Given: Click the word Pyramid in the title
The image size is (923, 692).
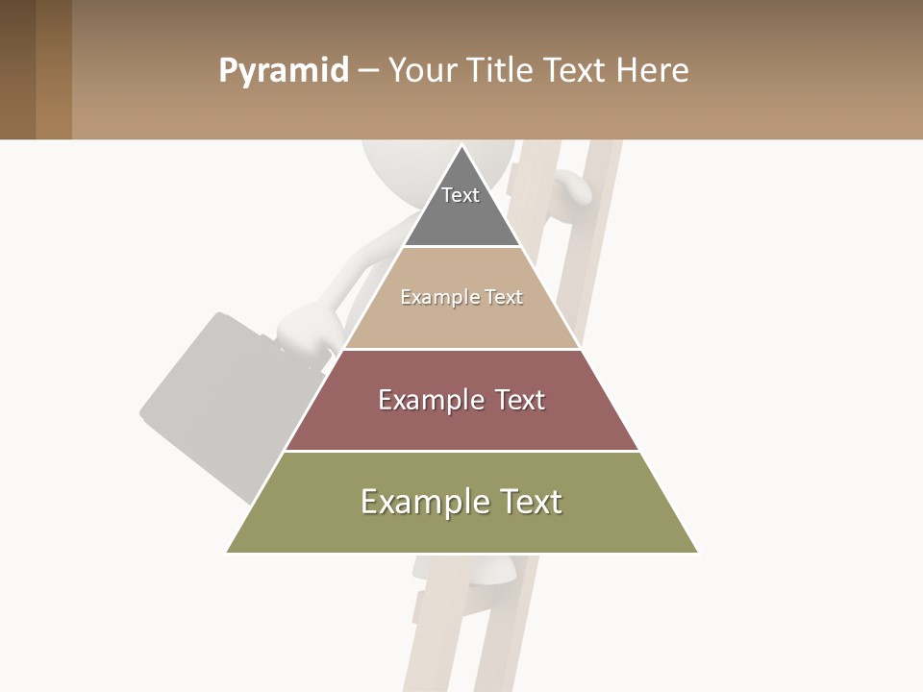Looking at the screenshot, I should click(283, 71).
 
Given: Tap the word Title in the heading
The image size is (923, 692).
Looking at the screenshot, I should click(498, 70).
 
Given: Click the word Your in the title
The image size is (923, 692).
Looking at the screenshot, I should click(422, 70).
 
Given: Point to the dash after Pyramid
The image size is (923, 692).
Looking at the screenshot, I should click(367, 71).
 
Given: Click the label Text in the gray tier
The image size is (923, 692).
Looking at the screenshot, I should click(461, 195).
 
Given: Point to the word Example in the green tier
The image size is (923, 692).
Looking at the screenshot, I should click(412, 502).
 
